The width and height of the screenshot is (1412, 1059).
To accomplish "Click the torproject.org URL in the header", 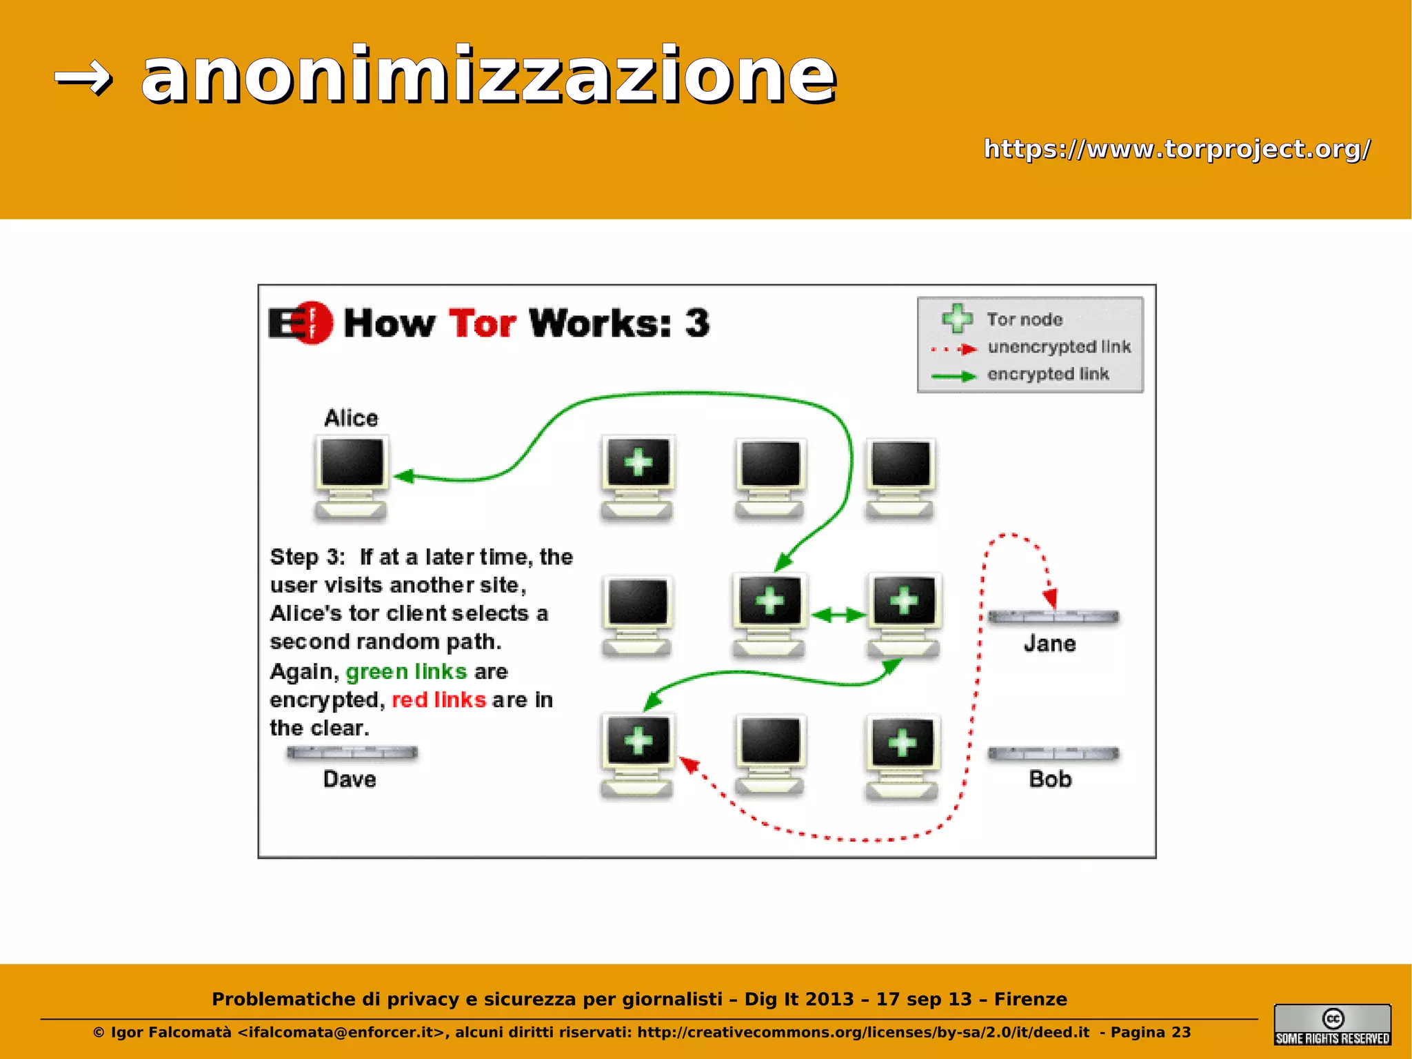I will coord(1176,149).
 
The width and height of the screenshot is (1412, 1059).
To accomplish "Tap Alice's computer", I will coord(352,477).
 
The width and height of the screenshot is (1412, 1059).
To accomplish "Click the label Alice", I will coord(351,418).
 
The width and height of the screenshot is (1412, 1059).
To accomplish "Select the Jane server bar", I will coord(1053,617).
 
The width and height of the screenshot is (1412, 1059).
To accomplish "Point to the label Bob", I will coord(1050,779).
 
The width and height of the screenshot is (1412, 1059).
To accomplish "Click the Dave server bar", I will coord(352,753).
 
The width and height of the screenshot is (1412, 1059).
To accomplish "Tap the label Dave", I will coord(350,779).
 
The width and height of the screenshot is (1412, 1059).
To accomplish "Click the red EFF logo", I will coord(302,322).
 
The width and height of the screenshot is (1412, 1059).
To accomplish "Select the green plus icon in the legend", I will coord(957,318).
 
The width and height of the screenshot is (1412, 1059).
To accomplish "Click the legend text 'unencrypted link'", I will coord(1059,346).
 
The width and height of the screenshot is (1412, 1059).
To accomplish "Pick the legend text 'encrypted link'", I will coord(1048,374).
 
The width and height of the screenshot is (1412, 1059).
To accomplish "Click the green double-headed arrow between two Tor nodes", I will coord(838,615).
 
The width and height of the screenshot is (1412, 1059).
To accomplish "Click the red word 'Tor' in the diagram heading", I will coord(482,323).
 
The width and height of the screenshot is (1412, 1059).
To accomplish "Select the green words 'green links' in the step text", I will coord(406,671).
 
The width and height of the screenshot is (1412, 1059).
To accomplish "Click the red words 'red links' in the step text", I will coord(438,700).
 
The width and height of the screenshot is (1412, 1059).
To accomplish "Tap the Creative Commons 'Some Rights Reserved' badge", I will coord(1332,1025).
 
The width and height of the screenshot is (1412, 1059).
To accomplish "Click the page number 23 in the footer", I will coord(1181,1032).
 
